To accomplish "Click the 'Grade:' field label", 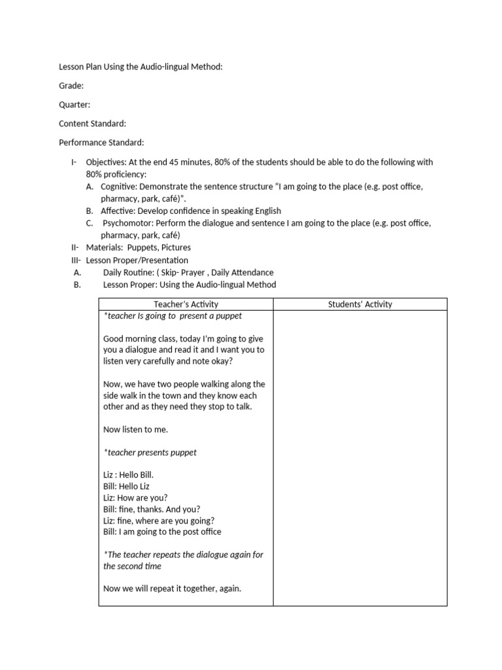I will tap(71, 86).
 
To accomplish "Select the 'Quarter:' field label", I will tap(75, 105).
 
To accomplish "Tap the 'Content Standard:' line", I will tap(92, 124).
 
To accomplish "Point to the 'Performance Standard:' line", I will tap(101, 143).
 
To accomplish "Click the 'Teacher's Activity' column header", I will tap(186, 304).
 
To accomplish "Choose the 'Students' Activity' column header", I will tap(360, 304).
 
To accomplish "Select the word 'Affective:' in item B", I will tap(119, 211).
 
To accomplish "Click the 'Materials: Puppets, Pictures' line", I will tap(138, 247).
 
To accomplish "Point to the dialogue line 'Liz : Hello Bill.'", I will tap(129, 475).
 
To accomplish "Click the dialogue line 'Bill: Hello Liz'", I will tap(126, 486).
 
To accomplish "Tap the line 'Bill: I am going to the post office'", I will tap(162, 531).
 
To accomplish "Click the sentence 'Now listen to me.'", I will tap(135, 429).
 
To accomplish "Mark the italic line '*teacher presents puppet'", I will tap(150, 452).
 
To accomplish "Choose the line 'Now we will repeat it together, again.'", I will tap(172, 588).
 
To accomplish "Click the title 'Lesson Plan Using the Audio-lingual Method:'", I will tap(141, 67).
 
